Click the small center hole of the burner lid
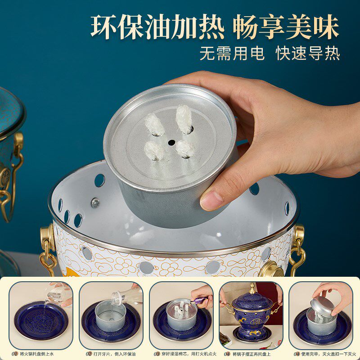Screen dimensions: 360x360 click(x=171, y=142)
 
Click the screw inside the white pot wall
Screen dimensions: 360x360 click(x=95, y=203)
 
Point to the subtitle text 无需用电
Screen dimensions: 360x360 click(x=233, y=54)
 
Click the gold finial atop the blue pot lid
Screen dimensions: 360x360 click(x=252, y=288)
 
